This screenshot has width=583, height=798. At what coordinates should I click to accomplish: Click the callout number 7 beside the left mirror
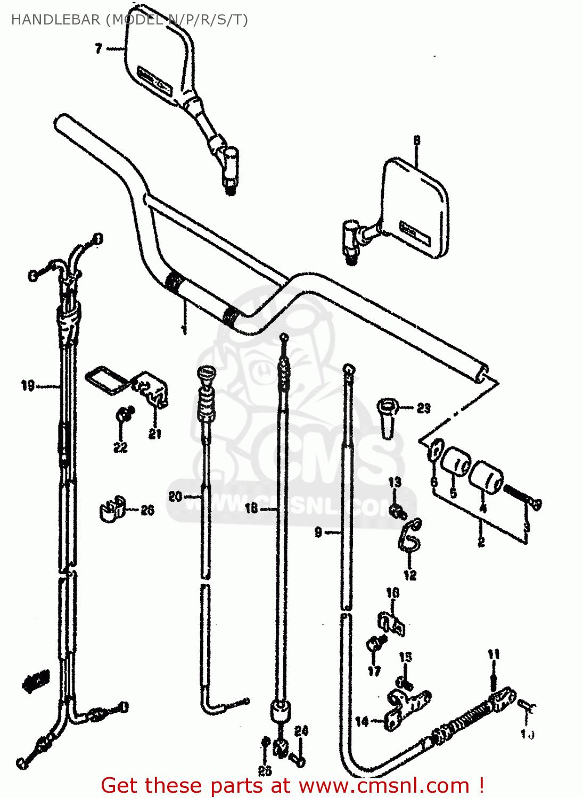click(98, 48)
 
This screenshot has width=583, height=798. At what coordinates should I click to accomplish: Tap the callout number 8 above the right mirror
click(416, 140)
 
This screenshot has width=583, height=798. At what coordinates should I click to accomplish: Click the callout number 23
click(423, 409)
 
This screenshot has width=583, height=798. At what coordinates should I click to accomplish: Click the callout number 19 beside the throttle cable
click(28, 385)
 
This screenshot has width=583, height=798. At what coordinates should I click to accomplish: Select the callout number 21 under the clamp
click(155, 434)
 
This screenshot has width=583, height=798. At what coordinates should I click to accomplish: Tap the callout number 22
click(121, 447)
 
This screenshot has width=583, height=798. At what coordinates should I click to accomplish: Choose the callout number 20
click(175, 496)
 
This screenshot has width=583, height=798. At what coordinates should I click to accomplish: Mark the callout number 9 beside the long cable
click(318, 532)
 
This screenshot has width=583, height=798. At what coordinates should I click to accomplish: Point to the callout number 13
click(395, 483)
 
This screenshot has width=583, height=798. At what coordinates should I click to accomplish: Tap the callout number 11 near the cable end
click(494, 654)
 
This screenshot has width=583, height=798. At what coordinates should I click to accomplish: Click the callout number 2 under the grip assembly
click(481, 542)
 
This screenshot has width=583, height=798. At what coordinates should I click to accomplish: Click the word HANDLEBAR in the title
click(55, 20)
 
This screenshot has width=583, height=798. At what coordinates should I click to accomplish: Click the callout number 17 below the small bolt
click(374, 671)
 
